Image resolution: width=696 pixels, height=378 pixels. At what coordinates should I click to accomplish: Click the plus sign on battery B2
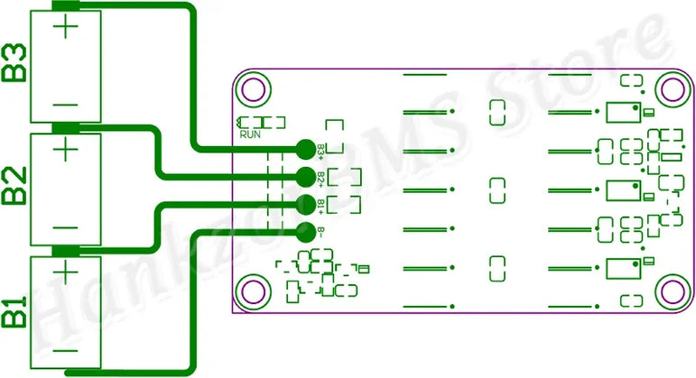pos(65,148)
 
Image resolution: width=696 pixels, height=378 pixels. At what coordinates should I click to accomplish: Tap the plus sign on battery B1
pos(65,271)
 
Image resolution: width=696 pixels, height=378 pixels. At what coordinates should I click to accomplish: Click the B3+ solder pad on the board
pos(304,149)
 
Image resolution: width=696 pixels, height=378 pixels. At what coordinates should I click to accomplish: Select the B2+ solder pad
pos(304,176)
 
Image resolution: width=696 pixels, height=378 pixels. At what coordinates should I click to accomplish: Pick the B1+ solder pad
pos(304,202)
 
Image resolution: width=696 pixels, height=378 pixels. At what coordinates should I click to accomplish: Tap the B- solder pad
pos(304,229)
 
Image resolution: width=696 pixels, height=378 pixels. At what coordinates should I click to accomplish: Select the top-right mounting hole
pos(670,89)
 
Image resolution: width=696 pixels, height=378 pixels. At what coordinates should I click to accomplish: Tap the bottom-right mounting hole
pos(670,290)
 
